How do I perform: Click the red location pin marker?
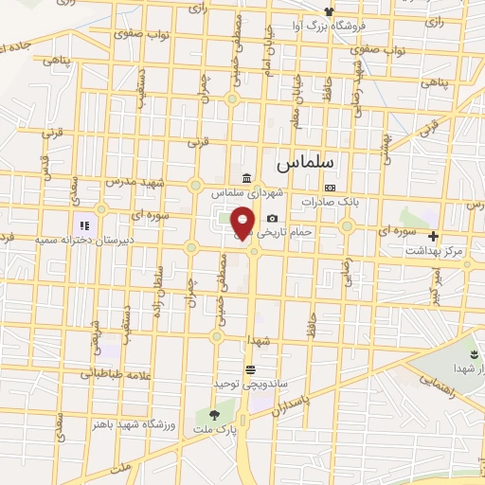point(243,223)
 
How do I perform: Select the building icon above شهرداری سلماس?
point(246,178)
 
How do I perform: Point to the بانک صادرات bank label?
point(327,201)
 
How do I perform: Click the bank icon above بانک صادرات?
point(329,188)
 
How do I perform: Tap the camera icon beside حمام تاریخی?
point(272,219)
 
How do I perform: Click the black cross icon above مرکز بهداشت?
point(434,236)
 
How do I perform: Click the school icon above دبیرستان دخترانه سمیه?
point(83,226)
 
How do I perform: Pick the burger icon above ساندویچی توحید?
point(250,369)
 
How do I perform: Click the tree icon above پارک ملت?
point(213,414)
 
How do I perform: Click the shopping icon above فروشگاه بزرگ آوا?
point(329,11)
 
